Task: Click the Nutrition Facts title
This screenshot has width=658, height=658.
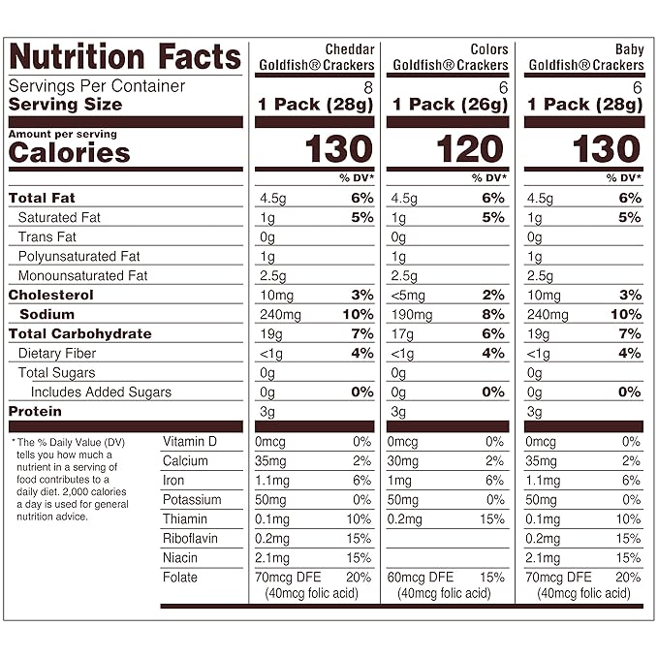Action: click(x=124, y=56)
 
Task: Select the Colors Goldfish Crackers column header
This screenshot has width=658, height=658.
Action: click(x=448, y=57)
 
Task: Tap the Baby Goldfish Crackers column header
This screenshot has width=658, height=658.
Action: click(x=584, y=57)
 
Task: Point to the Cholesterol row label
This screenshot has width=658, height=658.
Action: click(x=51, y=295)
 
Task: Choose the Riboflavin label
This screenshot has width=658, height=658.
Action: click(x=190, y=538)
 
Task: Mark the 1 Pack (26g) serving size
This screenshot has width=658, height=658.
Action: click(x=447, y=104)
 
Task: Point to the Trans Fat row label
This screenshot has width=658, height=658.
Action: click(x=47, y=236)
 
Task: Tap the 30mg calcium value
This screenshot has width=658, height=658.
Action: click(x=405, y=460)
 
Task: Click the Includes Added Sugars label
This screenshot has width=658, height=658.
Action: click(x=101, y=392)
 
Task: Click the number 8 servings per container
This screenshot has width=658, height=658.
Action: click(x=367, y=85)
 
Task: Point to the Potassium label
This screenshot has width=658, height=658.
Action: click(x=192, y=499)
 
